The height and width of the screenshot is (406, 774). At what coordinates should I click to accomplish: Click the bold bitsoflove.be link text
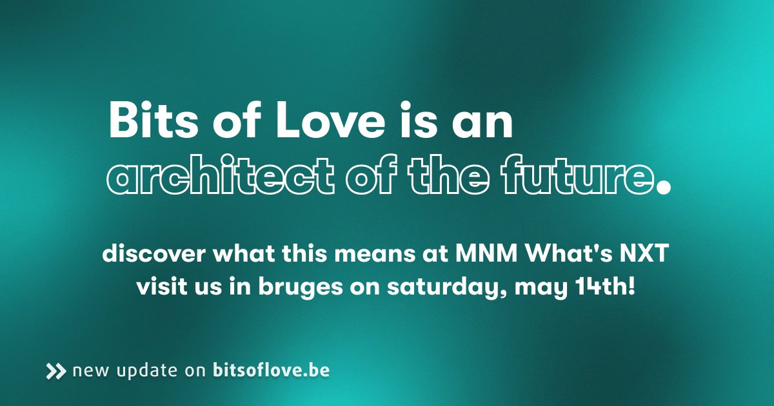[271, 371]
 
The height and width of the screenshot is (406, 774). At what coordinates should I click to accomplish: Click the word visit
[159, 285]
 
